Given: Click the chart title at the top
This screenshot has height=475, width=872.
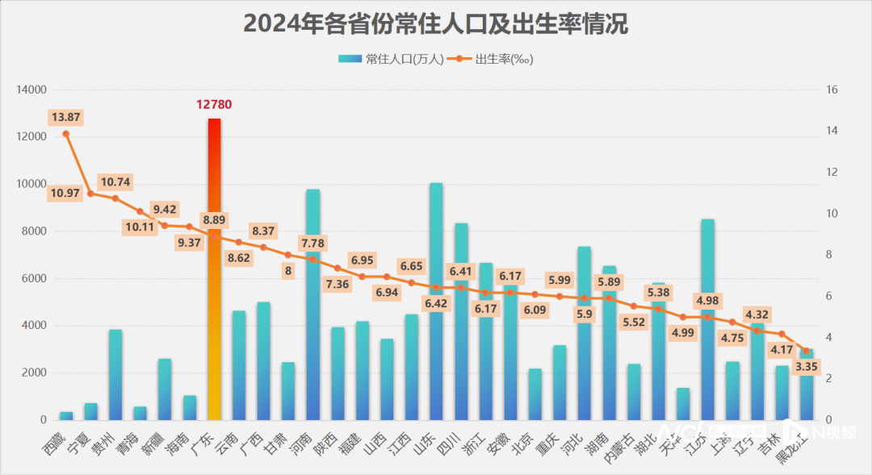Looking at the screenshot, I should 436,24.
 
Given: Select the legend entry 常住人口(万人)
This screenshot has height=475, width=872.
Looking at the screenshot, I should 392,59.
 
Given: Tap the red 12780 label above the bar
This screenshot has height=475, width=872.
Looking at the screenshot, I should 214,105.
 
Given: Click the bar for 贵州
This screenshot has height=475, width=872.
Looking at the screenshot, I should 115,375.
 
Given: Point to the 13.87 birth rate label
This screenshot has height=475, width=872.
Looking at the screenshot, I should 65,118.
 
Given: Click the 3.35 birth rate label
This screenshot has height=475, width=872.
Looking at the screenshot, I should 807,367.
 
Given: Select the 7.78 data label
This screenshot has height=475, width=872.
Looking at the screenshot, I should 313,243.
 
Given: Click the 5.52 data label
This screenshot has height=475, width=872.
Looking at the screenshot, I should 634,322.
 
